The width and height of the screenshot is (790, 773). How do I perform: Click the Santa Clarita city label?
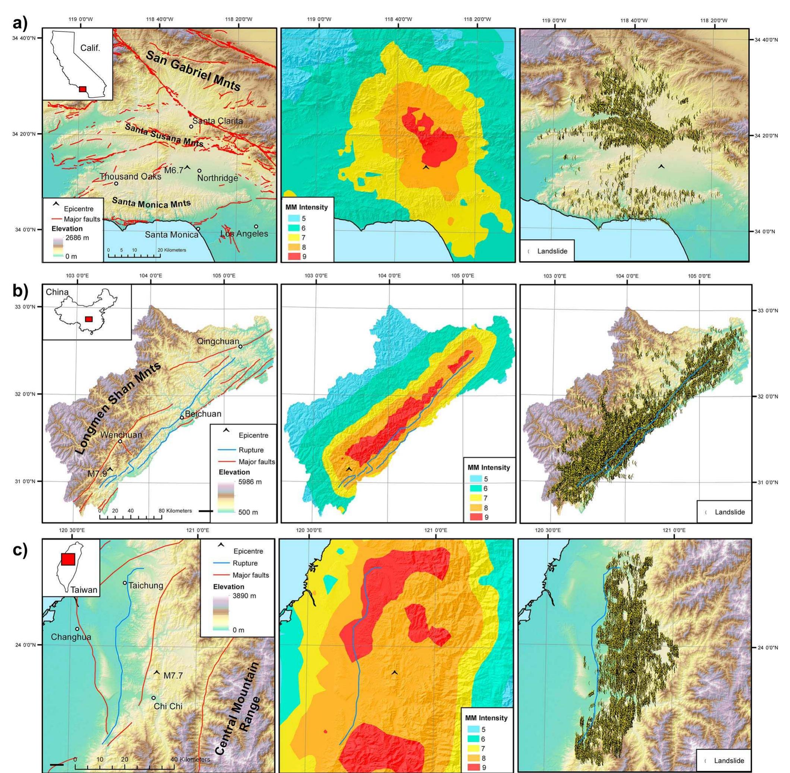pos(217,121)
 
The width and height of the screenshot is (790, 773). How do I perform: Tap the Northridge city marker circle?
pos(199,171)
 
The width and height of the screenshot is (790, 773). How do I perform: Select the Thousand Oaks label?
pos(130,177)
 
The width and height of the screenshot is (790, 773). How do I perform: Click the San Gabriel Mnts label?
pos(193,72)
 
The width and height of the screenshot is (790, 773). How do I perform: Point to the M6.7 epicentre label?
pos(174,171)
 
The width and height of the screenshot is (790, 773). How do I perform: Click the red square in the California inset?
pos(82,89)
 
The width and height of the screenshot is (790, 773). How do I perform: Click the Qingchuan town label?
pos(218,341)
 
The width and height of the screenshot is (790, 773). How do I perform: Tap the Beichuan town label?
pos(203,414)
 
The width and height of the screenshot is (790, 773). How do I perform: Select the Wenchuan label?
pos(121,435)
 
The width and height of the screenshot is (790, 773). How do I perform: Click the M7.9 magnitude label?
pos(97,473)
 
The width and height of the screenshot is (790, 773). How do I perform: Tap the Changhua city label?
pos(71,637)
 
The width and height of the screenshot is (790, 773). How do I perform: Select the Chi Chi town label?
pos(168,706)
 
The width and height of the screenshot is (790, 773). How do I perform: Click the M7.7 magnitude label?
pos(173,676)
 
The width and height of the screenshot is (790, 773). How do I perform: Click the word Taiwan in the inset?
pos(84,590)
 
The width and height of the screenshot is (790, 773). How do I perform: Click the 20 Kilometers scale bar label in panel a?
pos(171,250)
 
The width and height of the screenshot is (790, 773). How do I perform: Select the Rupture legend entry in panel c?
pos(245,563)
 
